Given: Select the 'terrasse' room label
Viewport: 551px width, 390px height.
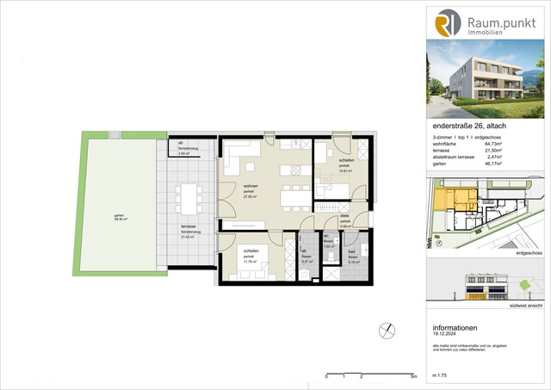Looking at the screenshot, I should click(185, 227).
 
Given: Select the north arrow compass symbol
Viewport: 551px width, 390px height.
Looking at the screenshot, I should click(386, 331).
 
